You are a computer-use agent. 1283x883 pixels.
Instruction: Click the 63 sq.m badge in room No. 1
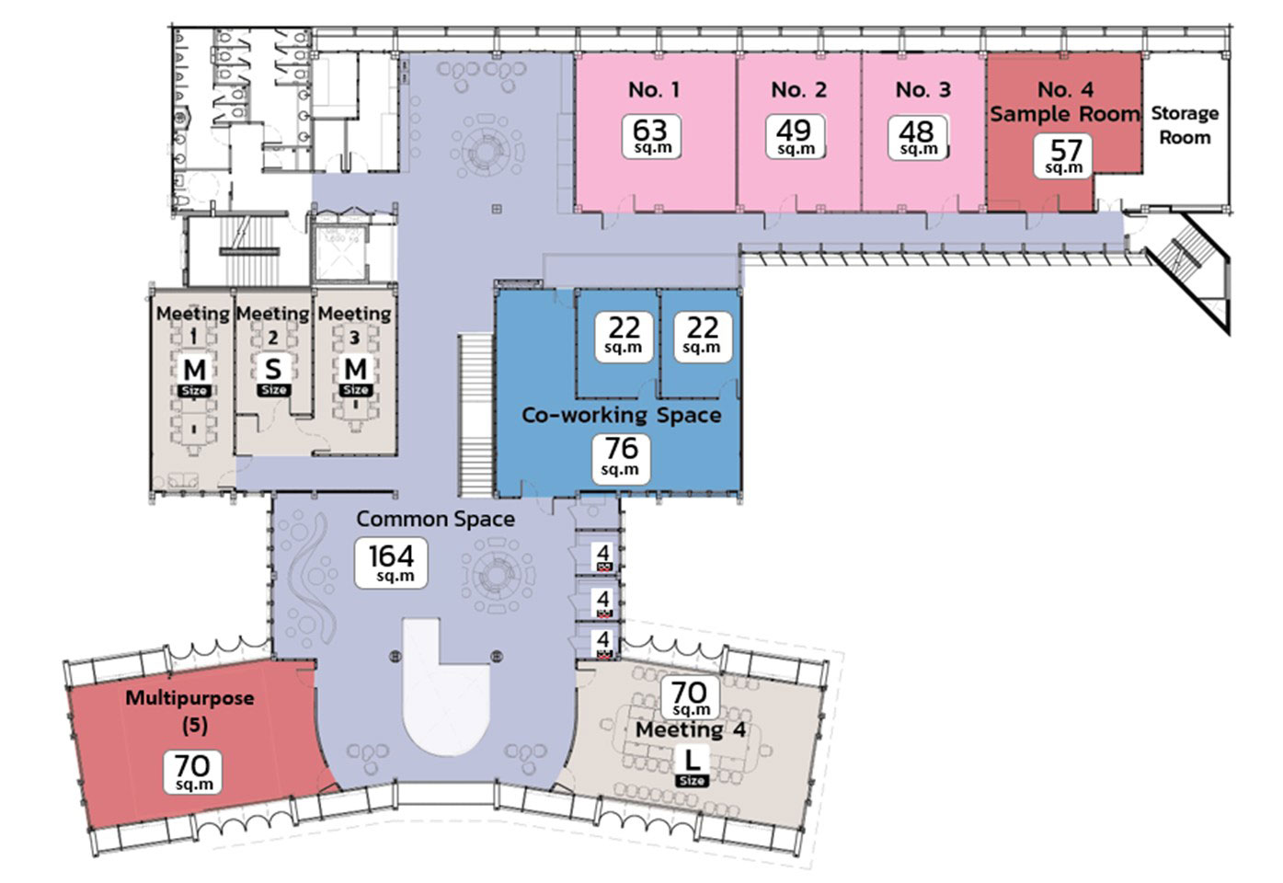[651, 136]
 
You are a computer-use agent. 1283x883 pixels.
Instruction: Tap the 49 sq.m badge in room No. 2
[795, 136]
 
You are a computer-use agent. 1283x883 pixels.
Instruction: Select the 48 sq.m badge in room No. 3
[917, 137]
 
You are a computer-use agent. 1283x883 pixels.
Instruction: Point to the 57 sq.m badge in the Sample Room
[1064, 155]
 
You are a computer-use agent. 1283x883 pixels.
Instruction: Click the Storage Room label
[1185, 125]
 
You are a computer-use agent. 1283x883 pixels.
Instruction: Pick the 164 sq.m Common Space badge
[392, 563]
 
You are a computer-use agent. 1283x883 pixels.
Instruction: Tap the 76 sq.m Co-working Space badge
[621, 456]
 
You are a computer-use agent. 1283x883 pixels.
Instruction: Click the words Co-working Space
[621, 415]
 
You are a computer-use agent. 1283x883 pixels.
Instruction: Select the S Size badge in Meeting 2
[273, 374]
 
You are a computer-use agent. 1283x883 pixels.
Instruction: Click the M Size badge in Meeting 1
[194, 375]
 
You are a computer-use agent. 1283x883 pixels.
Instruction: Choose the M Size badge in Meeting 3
[356, 375]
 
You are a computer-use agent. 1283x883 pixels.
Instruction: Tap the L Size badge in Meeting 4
[692, 766]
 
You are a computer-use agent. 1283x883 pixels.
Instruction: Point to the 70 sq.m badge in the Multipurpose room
[193, 771]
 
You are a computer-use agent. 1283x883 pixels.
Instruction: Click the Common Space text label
[435, 519]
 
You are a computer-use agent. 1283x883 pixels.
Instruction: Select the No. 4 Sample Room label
[1064, 102]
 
